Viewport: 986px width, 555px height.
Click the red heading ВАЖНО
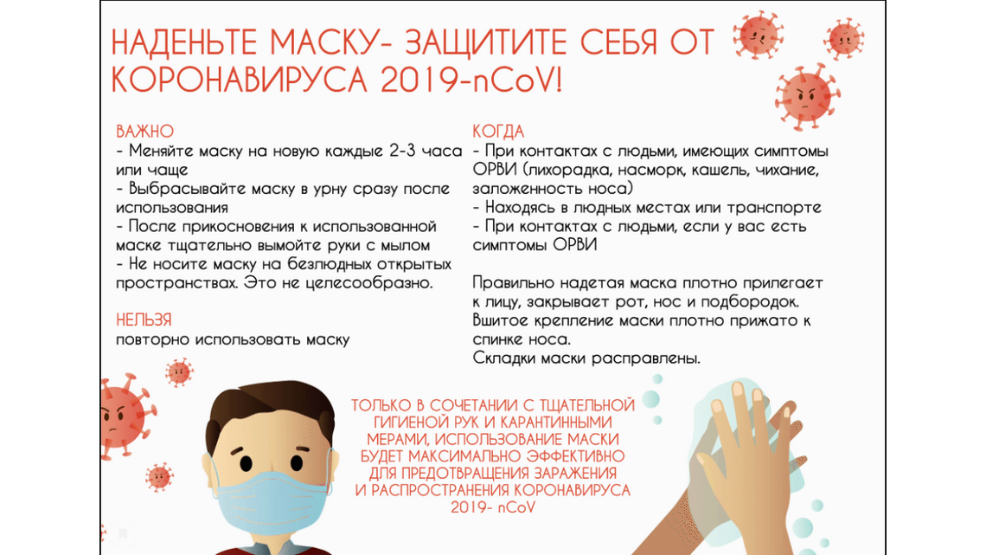point(144,132)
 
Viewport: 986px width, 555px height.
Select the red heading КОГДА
point(498,132)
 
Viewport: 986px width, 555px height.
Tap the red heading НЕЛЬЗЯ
point(144,320)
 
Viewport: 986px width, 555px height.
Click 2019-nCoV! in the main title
point(471,80)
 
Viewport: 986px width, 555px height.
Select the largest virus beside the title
point(807,96)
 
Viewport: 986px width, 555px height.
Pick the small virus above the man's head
point(179,372)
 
